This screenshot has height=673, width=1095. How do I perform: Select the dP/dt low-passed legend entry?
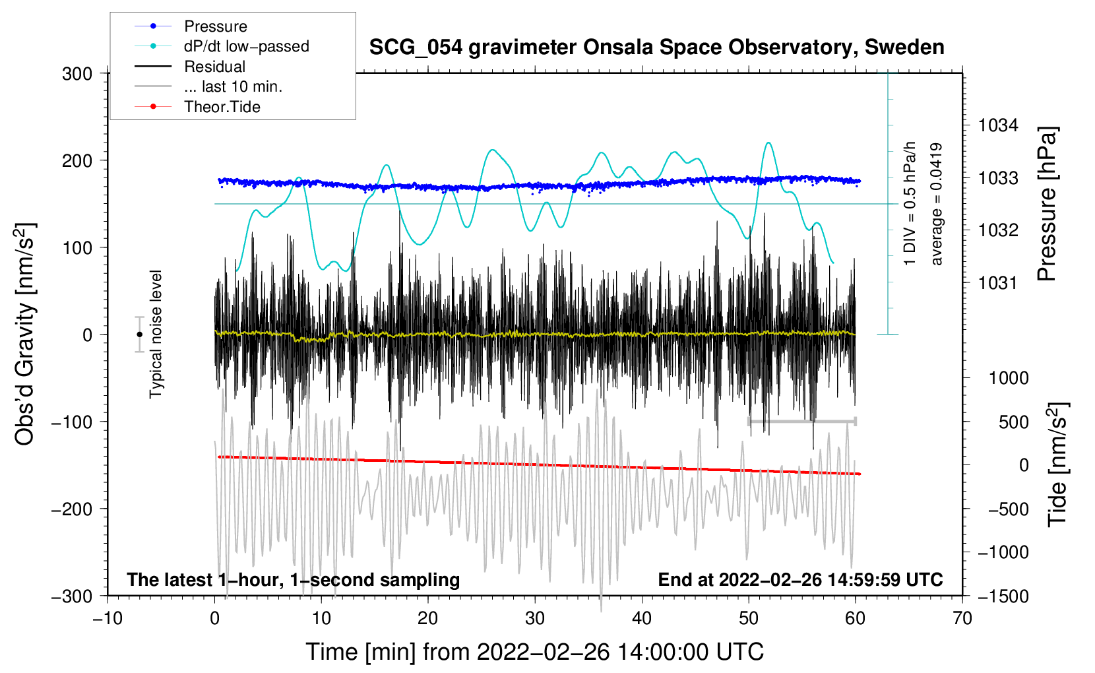coord(246,46)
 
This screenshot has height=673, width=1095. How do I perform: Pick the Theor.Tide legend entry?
coord(222,107)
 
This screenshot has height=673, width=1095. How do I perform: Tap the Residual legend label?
coord(214,67)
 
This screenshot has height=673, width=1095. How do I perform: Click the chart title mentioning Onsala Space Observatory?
coord(656,48)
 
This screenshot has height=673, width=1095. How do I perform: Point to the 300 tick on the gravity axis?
coord(77,74)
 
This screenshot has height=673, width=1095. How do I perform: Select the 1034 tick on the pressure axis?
coord(998,125)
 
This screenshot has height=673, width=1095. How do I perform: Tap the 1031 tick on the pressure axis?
coord(998,283)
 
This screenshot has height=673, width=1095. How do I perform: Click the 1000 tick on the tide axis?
coord(1009,378)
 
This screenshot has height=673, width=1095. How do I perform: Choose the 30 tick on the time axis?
coord(535,618)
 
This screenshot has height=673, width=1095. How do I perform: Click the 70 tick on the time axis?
coord(962,618)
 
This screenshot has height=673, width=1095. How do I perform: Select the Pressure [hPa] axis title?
coord(1048,205)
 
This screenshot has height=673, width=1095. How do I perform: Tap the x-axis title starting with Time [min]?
coord(534,652)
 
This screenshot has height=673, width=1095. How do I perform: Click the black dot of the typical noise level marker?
coord(139,335)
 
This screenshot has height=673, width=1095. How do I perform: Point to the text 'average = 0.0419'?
coord(937,205)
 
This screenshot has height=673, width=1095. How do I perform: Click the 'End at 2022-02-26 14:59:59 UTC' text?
coord(800,580)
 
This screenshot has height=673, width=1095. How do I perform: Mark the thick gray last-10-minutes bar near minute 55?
coord(801,421)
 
